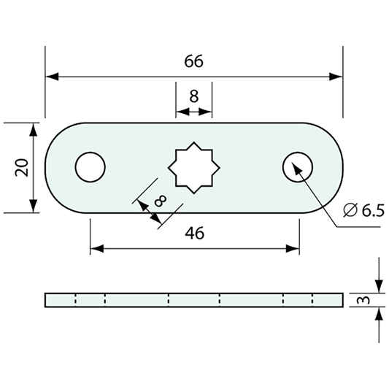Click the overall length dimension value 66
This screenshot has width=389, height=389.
click(193, 62)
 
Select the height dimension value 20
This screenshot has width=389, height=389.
click(22, 168)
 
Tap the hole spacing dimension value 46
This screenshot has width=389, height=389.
click(194, 233)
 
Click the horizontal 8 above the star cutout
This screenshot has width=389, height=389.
click(193, 96)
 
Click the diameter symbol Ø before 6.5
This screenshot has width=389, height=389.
click(350, 210)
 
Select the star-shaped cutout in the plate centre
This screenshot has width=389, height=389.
click(194, 168)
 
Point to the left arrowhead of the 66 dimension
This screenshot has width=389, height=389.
click(51, 76)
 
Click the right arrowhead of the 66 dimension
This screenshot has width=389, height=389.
click(336, 76)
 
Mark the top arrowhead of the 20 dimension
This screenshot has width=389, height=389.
click(33, 129)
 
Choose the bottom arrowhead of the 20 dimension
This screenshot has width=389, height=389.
click(33, 207)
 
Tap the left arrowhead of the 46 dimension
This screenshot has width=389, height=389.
click(96, 249)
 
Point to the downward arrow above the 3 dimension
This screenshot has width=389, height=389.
click(378, 285)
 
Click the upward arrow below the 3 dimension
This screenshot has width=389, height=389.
click(378, 315)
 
